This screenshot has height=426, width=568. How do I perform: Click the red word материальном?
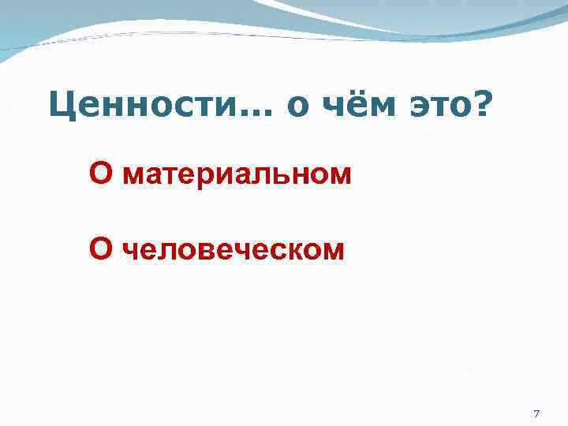(237, 174)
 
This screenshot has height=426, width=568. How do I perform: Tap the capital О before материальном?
(101, 173)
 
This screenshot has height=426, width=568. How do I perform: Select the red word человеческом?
(234, 249)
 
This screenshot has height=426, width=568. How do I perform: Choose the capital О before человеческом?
(101, 248)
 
